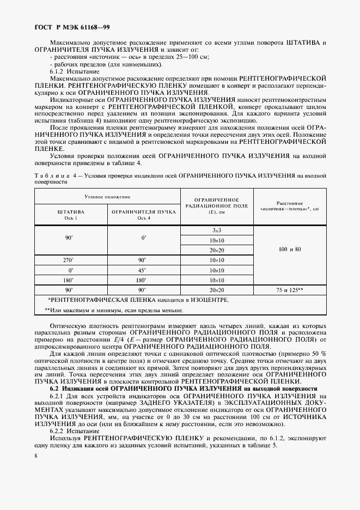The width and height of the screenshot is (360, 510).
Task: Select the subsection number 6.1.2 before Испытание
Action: (x=58, y=71)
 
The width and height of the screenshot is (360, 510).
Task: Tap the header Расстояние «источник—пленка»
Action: (x=289, y=205)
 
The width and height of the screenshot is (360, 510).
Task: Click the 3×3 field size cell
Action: (x=216, y=230)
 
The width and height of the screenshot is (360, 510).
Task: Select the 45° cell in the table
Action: (x=143, y=270)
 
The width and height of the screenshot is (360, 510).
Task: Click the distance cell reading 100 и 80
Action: (x=289, y=249)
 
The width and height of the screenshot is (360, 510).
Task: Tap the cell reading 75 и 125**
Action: (x=289, y=290)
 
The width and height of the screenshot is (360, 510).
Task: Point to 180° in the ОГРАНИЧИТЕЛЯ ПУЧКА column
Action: (x=143, y=280)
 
